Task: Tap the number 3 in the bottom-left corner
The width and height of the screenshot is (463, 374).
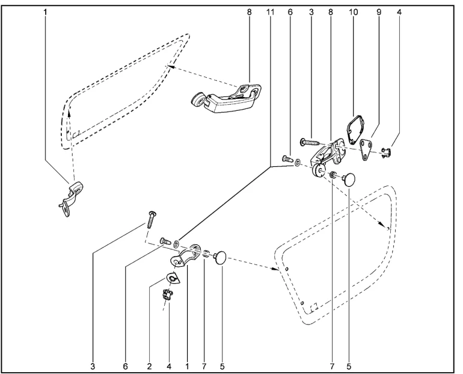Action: [x=93, y=366]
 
